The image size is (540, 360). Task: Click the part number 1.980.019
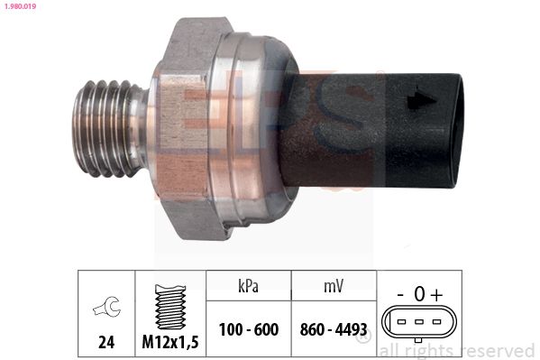20,6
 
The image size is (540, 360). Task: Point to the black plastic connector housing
372,130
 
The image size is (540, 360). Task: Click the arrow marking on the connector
421,100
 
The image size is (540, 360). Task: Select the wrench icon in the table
106,307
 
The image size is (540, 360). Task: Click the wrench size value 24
106,342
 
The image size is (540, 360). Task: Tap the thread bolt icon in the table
170,307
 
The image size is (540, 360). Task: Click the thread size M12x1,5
170,342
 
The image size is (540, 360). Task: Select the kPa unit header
248,286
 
